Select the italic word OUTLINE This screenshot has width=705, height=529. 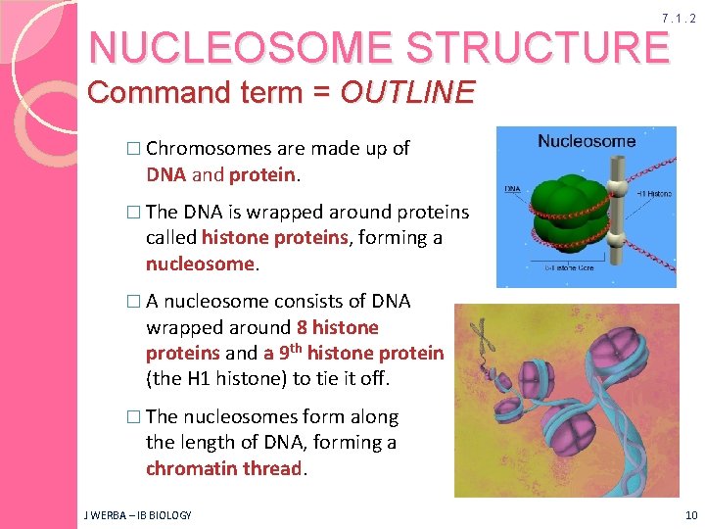(406, 93)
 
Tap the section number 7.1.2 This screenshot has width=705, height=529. (678, 19)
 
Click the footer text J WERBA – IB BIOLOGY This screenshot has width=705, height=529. (138, 514)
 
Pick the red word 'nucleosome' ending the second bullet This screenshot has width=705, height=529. (200, 264)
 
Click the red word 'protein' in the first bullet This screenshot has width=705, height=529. (261, 174)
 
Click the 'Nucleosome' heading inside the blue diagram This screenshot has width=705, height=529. (587, 141)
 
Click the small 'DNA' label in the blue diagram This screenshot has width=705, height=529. (512, 188)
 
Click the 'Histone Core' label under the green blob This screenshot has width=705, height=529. (574, 266)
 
